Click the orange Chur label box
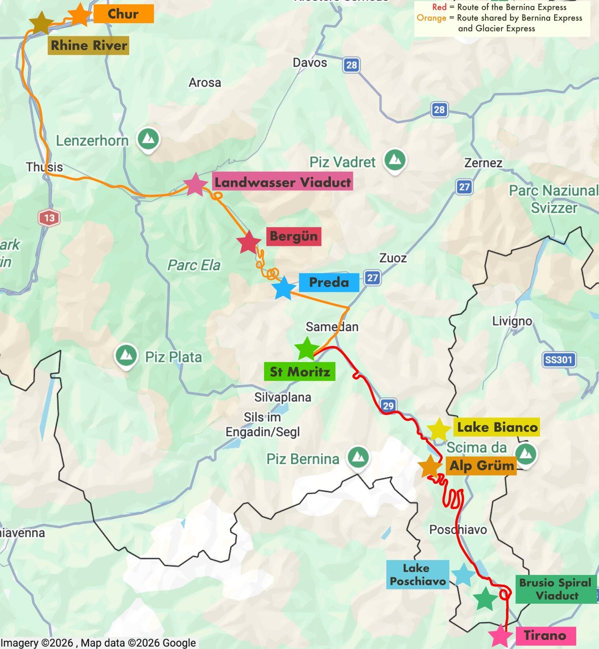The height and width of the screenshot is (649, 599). click(x=123, y=14)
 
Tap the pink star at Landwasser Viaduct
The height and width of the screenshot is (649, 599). click(x=195, y=184)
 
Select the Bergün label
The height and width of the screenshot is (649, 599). click(x=293, y=236)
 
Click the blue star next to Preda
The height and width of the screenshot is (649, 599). click(x=284, y=288)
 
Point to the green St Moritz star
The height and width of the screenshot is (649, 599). click(x=306, y=349)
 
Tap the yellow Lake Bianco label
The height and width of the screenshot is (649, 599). click(x=497, y=428)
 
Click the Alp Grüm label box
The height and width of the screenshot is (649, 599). click(x=482, y=466)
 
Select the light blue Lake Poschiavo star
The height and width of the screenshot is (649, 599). click(x=463, y=575)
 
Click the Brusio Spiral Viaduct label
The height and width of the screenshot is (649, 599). click(x=556, y=589)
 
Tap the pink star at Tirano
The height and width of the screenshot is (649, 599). click(x=501, y=635)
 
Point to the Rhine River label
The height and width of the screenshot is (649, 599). click(x=89, y=46)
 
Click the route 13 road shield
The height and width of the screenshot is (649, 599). click(x=49, y=218)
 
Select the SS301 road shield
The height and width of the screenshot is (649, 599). click(x=558, y=359)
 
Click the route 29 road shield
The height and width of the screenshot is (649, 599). click(x=388, y=405)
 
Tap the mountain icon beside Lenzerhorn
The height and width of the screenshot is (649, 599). click(x=148, y=139)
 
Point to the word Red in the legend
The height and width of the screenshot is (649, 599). click(x=439, y=7)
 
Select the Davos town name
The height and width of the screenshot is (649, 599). click(x=310, y=63)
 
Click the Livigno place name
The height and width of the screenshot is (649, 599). click(x=512, y=322)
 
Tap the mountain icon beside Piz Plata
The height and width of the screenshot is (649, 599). click(x=126, y=355)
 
